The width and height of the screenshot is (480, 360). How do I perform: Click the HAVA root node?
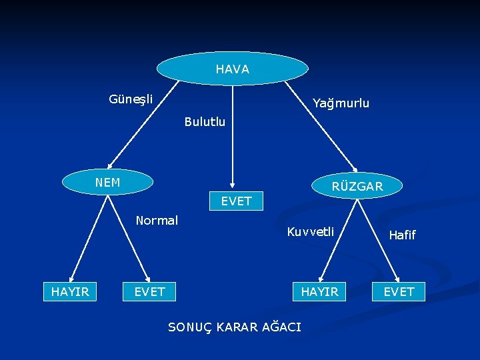point(233,69)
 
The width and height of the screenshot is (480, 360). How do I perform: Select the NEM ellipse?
point(107,182)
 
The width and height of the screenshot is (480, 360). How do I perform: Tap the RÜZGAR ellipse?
point(357,186)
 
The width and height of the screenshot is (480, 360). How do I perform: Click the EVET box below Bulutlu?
point(236,201)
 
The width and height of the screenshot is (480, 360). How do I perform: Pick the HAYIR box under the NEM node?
point(70,291)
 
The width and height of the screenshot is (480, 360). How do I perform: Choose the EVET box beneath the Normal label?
point(149,291)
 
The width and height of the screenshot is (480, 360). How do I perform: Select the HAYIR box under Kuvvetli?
point(319,291)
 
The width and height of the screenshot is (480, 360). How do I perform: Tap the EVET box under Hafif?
point(399,291)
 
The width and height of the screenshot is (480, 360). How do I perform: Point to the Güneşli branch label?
point(131,99)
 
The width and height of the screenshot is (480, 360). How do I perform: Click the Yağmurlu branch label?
point(341,103)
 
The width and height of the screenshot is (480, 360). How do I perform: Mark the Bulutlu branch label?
point(205,122)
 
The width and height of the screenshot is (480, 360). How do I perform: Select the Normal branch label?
point(157,220)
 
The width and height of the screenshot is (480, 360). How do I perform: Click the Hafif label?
point(402,235)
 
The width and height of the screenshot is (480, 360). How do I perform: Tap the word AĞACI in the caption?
point(281,327)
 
